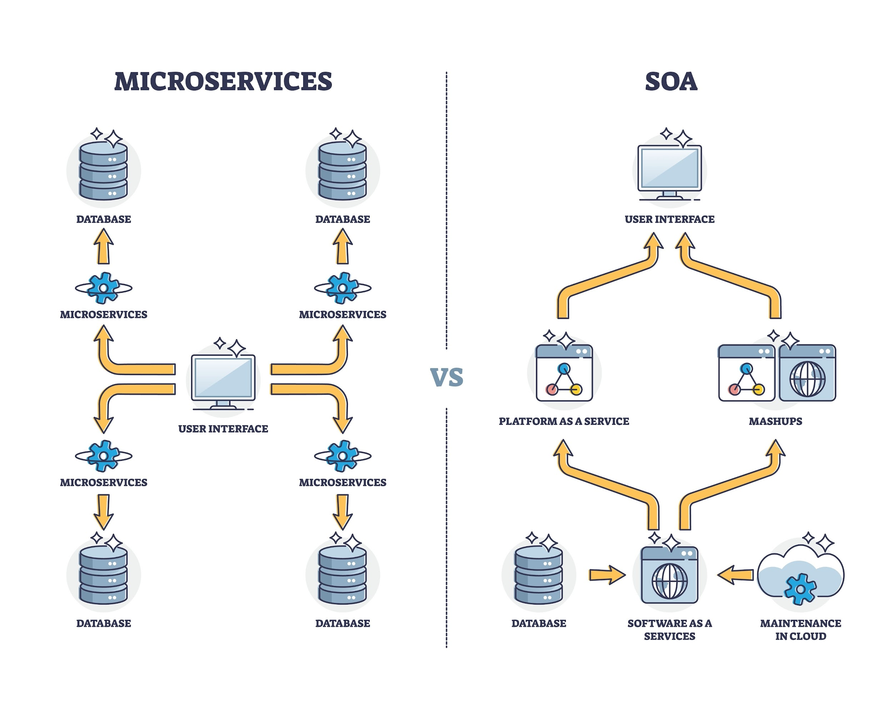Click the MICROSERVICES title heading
pyautogui.click(x=223, y=81)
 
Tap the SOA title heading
pyautogui.click(x=671, y=81)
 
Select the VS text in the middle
pyautogui.click(x=446, y=377)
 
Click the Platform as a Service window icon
pyautogui.click(x=564, y=373)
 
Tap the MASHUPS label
pyautogui.click(x=775, y=421)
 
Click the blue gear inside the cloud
pyautogui.click(x=800, y=588)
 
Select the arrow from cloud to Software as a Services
pyautogui.click(x=735, y=575)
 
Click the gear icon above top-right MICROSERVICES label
pyautogui.click(x=343, y=288)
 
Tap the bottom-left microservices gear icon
pyautogui.click(x=104, y=455)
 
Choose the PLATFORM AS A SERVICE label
pyautogui.click(x=564, y=421)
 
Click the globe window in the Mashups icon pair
pyautogui.click(x=807, y=373)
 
